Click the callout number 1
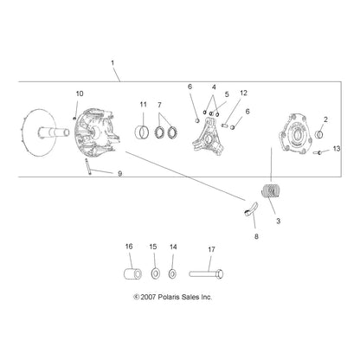tap(112, 62)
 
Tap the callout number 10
tap(80, 93)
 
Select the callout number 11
tap(144, 105)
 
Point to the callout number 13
tap(337, 149)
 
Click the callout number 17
tap(211, 249)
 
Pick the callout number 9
tap(119, 174)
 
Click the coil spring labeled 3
tap(271, 191)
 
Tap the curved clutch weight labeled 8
tap(250, 209)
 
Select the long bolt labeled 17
tap(206, 273)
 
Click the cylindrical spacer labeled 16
tap(132, 273)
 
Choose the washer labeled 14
tap(172, 273)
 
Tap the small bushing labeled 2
tap(319, 134)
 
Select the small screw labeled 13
tap(318, 152)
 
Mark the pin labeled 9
tap(88, 166)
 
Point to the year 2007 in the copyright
tap(148, 297)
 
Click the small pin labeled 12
tap(225, 125)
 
